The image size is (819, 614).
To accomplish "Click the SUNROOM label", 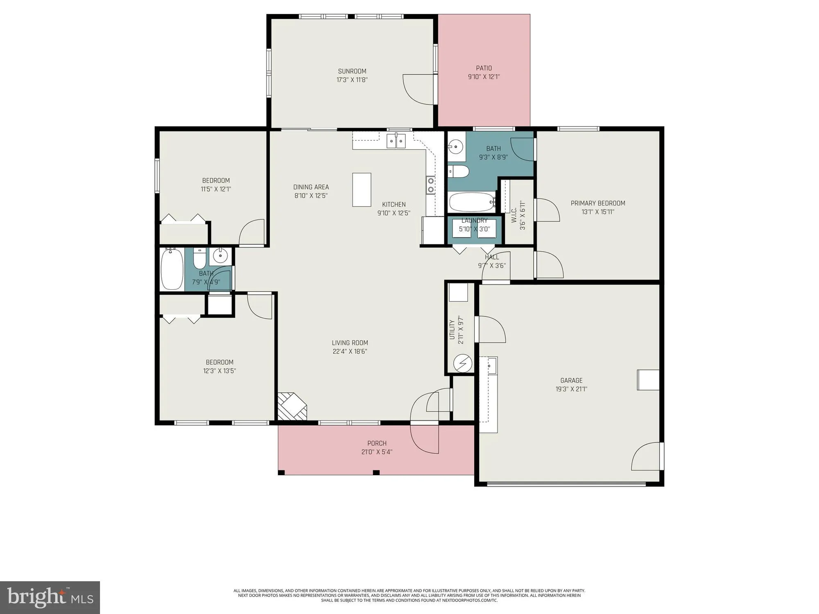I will (x=352, y=71).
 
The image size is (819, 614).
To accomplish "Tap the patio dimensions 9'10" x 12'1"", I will (x=484, y=77).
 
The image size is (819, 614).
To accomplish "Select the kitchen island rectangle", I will (x=362, y=190).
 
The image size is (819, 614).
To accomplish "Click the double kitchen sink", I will (x=396, y=141).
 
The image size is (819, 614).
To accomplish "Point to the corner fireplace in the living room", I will (x=292, y=406).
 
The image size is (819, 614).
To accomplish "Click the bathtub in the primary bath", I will (x=472, y=202).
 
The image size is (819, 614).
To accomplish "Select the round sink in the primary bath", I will (x=455, y=146).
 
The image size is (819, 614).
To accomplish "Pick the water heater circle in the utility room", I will (x=463, y=363).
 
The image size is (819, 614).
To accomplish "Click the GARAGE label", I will (x=571, y=381).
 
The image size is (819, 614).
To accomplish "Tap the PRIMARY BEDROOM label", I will (x=597, y=203).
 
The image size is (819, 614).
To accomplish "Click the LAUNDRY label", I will (x=474, y=221).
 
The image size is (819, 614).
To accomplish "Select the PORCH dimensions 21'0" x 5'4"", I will (x=376, y=452).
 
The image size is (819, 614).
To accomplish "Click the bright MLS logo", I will (x=50, y=598).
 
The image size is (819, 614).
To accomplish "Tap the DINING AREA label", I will (x=311, y=187).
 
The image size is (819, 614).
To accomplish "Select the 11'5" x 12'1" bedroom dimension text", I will (x=216, y=189).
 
